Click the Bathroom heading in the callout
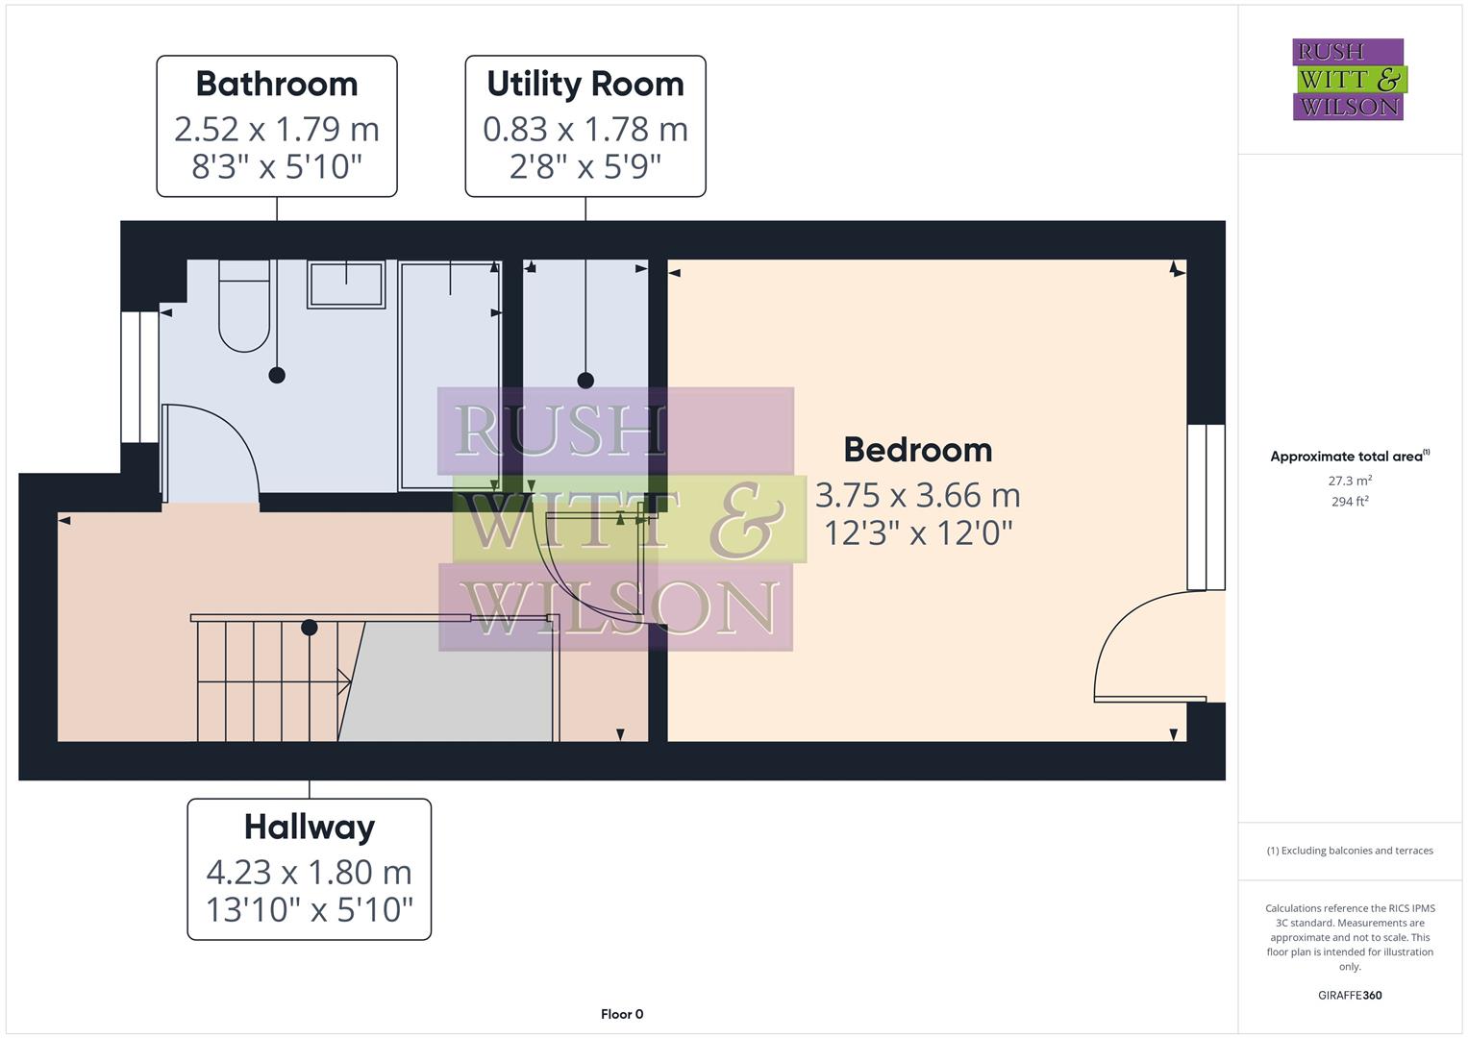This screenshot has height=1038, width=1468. click(x=277, y=85)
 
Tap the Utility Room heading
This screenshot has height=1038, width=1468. click(x=585, y=85)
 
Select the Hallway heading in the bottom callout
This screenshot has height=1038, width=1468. click(x=309, y=827)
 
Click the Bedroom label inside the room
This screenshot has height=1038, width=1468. click(x=917, y=450)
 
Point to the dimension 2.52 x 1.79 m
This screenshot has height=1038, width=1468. click(x=277, y=129)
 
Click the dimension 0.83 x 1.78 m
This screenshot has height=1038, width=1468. click(x=585, y=129)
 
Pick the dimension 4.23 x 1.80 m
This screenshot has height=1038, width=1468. click(x=309, y=872)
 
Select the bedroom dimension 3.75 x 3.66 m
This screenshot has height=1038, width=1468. click(x=917, y=495)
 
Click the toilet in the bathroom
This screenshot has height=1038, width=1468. click(x=244, y=306)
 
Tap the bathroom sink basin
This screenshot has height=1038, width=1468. click(x=345, y=284)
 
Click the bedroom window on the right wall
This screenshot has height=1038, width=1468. click(x=1207, y=507)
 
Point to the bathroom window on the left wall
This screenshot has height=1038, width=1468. click(x=139, y=376)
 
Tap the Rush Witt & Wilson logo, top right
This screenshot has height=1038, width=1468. click(x=1348, y=79)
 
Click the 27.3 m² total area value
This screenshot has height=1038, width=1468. click(x=1350, y=481)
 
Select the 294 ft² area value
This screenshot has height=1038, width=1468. click(x=1350, y=502)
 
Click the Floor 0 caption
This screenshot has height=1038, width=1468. click(x=622, y=1014)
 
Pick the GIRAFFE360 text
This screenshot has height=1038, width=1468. click(x=1350, y=995)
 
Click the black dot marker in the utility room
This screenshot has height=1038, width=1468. click(x=585, y=381)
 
